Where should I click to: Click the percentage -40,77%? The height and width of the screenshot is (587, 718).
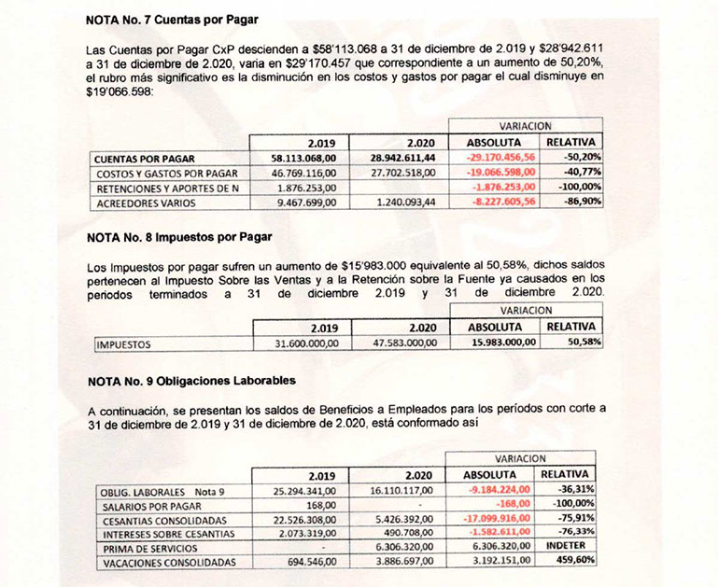click(x=583, y=173)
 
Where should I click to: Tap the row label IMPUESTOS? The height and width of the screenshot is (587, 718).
click(x=123, y=343)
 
